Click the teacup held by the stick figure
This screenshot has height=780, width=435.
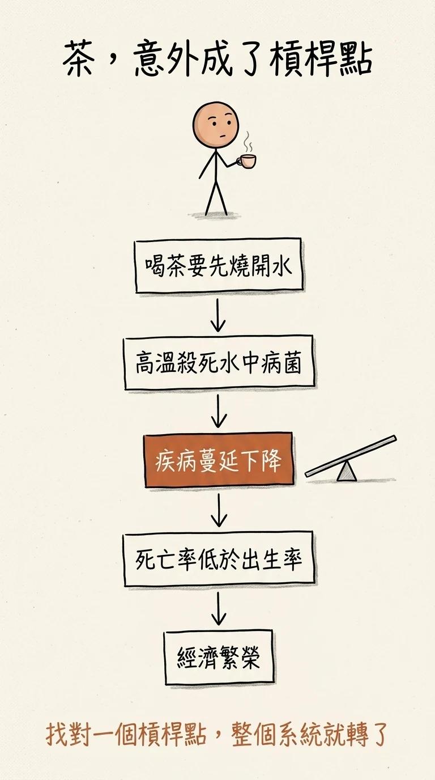point(247,161)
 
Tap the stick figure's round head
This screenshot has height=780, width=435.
point(216,125)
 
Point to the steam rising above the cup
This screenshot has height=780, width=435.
point(247,142)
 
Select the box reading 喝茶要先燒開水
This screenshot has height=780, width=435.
point(219,265)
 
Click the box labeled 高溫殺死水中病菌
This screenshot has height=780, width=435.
point(219,363)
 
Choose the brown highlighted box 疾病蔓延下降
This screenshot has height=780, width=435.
point(219,460)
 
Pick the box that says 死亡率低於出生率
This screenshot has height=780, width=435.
point(219,559)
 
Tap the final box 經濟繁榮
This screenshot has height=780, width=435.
point(219,657)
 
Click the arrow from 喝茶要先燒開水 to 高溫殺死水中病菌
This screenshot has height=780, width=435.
point(218,315)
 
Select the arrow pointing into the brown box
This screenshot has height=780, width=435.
point(219,412)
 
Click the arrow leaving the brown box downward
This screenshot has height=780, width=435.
point(219,510)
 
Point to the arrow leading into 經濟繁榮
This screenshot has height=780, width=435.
point(219,609)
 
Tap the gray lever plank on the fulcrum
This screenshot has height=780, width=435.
point(351,456)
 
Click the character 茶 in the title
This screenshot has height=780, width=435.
point(79,58)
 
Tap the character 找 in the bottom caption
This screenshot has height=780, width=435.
point(57,735)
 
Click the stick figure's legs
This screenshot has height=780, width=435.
point(216,197)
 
